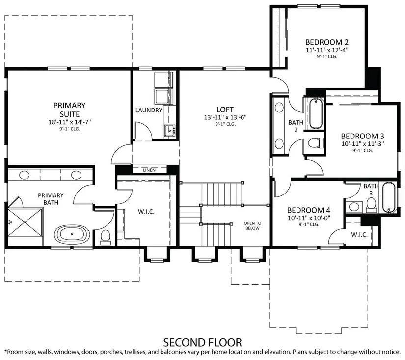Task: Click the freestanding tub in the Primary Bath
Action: pos(72,234)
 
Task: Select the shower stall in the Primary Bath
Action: pos(25,222)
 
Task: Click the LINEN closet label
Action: pos(149,170)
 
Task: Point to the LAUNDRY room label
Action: pos(149,110)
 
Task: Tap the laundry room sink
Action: pos(169,130)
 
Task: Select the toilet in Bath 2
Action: pos(316,142)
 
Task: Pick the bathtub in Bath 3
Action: pos(388,197)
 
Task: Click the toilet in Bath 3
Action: pos(372,205)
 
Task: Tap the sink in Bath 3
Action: pos(353,206)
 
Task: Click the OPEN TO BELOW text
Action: pos(252,225)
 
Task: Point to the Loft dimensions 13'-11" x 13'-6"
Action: pos(225,117)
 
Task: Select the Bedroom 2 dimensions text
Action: pos(327,50)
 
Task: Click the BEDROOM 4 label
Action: pos(309,210)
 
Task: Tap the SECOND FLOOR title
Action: pos(202,342)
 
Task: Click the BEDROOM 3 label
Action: pos(363,136)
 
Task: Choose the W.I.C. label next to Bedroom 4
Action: pos(359,235)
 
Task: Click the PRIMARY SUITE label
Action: pos(70,110)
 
